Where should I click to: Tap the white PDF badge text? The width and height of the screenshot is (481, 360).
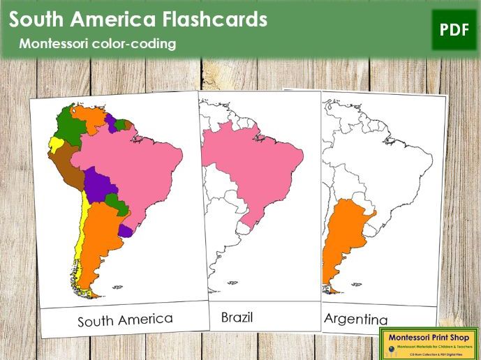(454, 29)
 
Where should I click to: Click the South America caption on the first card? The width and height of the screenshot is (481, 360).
(125, 320)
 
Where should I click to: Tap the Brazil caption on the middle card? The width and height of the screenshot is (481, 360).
(237, 317)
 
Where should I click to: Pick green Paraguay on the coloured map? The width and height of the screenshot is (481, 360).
(117, 206)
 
